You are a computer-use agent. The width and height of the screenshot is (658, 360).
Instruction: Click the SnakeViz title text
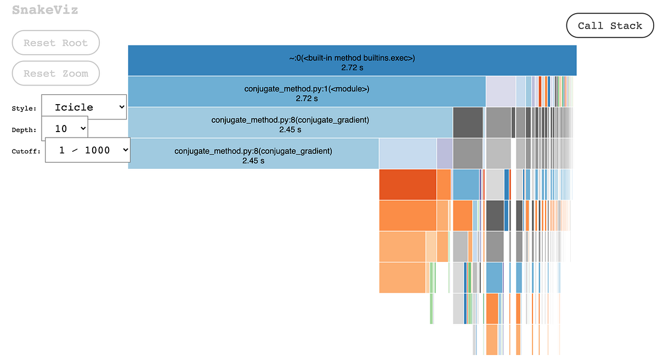(x=45, y=10)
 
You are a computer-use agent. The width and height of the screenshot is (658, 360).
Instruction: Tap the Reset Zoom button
(x=55, y=73)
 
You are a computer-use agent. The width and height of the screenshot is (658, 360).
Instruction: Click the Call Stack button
(x=610, y=26)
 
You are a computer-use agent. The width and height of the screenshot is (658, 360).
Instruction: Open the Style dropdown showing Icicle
(x=84, y=107)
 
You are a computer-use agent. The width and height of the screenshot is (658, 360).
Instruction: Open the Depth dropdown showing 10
(x=65, y=129)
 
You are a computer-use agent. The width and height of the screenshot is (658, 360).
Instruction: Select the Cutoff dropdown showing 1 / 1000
(x=87, y=150)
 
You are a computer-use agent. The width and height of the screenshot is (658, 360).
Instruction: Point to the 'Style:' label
(x=24, y=108)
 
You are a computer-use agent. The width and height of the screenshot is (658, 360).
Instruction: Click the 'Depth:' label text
(x=24, y=130)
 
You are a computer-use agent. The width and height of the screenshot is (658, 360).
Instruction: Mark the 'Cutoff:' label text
(x=26, y=152)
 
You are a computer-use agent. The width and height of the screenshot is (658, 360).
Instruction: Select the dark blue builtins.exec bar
(x=352, y=60)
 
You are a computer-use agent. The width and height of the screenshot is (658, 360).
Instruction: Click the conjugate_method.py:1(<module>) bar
(x=307, y=92)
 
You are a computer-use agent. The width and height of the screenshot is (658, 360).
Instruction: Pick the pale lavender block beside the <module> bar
(x=500, y=92)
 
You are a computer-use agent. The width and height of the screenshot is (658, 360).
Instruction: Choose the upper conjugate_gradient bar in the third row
(x=290, y=123)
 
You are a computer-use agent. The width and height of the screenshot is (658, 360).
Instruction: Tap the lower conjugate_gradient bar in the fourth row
(x=253, y=154)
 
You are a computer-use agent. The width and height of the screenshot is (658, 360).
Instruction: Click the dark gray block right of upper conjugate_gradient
(x=468, y=123)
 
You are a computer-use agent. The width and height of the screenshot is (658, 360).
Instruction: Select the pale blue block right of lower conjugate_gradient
(x=407, y=154)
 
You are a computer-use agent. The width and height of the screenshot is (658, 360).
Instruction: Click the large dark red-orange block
(x=407, y=185)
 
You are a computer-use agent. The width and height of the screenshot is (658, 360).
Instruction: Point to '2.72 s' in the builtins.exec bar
(x=352, y=67)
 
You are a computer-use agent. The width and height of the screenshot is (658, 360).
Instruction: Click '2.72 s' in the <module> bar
(x=307, y=99)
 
